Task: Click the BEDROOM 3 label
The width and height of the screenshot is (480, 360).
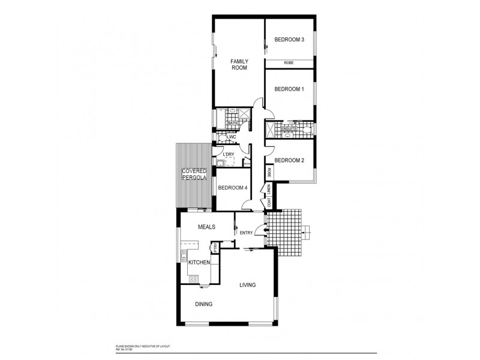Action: tap(289, 40)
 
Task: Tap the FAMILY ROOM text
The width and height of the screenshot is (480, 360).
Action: tap(239, 64)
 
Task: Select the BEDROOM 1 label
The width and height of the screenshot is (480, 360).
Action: tap(289, 89)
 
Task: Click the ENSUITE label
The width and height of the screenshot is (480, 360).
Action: tap(289, 128)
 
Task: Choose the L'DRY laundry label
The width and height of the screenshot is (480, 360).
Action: tap(228, 155)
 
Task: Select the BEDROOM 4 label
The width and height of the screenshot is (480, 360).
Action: tap(232, 188)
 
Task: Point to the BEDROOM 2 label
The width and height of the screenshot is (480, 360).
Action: tap(289, 160)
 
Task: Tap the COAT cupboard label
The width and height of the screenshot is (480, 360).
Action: tap(269, 203)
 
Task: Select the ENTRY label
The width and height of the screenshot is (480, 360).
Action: tap(246, 233)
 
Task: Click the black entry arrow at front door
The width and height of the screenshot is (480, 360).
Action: tap(259, 230)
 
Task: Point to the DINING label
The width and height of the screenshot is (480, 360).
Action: tap(203, 304)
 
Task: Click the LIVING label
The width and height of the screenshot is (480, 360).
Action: tap(248, 285)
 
